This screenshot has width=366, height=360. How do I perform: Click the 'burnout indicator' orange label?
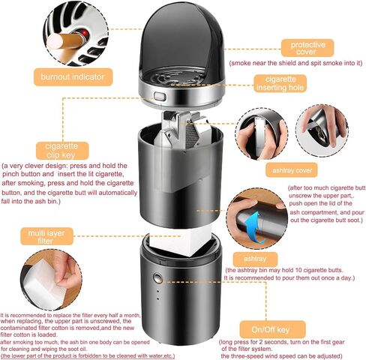(73, 77)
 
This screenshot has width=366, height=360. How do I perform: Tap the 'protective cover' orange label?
(307, 48)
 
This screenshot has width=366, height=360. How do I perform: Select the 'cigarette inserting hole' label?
(280, 83)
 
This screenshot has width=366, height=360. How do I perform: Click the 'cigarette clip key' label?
(62, 151)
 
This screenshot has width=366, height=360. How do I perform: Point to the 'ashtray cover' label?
(292, 170)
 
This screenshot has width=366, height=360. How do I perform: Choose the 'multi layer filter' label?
(46, 236)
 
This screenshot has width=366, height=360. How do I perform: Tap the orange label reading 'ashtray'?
(255, 259)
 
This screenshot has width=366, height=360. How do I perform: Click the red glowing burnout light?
(85, 33)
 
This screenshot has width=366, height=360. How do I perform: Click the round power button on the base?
(157, 277)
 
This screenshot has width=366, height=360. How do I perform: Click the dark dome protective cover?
(181, 43)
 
